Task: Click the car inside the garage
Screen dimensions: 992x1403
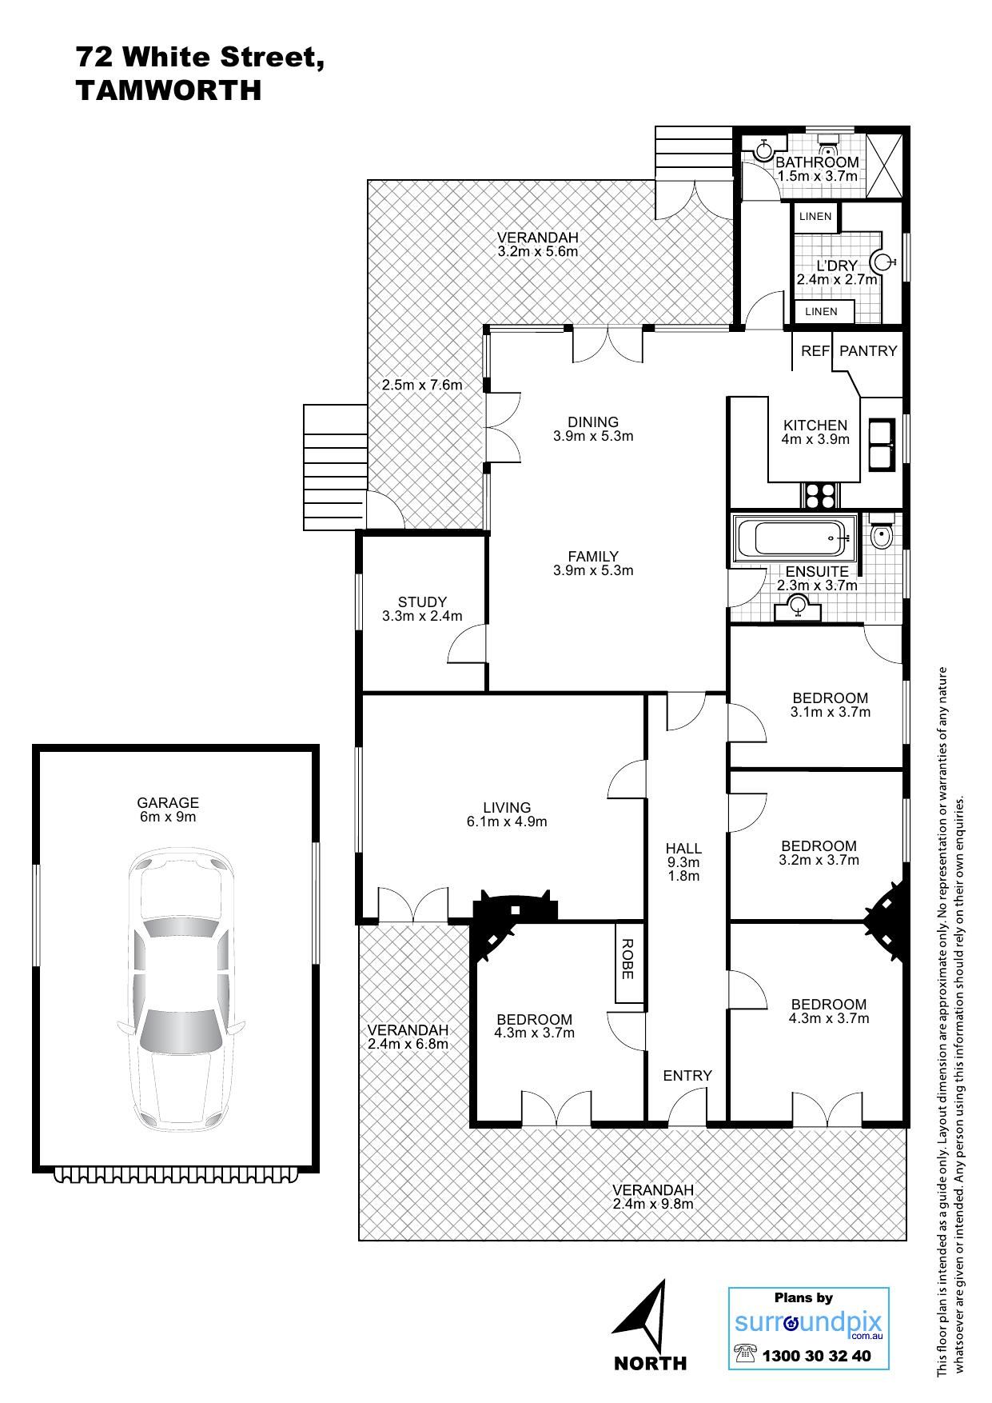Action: [180, 993]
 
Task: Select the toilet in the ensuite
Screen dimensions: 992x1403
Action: [881, 535]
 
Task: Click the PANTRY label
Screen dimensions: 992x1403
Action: [868, 350]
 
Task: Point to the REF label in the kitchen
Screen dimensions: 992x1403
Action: [815, 350]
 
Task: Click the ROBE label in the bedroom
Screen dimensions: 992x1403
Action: [627, 959]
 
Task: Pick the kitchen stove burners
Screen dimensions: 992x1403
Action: [818, 496]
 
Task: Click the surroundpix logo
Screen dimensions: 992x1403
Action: [808, 1323]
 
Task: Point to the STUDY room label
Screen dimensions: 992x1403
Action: [422, 602]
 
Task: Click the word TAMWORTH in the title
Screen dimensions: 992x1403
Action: [169, 90]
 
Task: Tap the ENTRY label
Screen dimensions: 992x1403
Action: [687, 1076]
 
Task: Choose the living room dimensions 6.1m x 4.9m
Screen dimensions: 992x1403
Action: [507, 821]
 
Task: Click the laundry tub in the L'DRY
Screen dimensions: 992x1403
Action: [881, 262]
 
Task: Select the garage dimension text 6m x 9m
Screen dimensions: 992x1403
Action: [167, 817]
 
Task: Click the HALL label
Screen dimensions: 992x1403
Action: [683, 849]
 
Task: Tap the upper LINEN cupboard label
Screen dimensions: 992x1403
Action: [815, 216]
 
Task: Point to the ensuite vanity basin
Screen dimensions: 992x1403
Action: [799, 607]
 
